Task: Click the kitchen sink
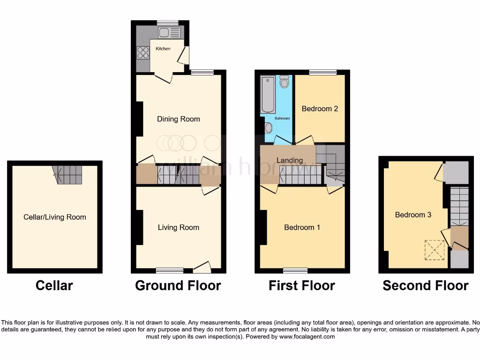tap(169, 32)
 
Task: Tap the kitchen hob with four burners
tap(143, 53)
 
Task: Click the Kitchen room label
tap(163, 49)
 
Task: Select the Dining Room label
tap(178, 119)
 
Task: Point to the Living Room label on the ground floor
tap(178, 227)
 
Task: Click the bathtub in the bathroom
tap(268, 94)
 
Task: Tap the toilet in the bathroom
tap(284, 82)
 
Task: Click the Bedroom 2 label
tap(320, 109)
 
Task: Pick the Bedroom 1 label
tap(302, 227)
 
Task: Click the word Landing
tap(289, 160)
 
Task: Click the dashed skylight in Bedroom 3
tap(435, 249)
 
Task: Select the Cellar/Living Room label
tap(55, 217)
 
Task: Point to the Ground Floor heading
tap(178, 285)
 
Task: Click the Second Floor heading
tap(425, 285)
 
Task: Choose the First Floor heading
tap(301, 285)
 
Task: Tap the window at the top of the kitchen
tap(167, 22)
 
